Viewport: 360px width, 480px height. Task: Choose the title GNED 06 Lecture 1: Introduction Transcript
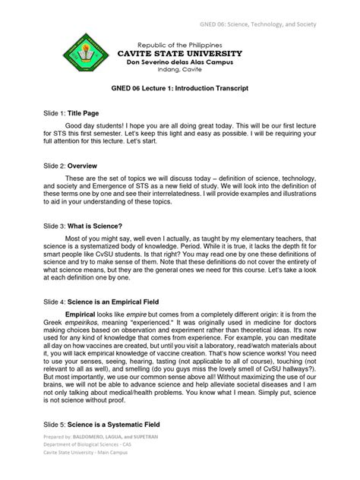[180, 89]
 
